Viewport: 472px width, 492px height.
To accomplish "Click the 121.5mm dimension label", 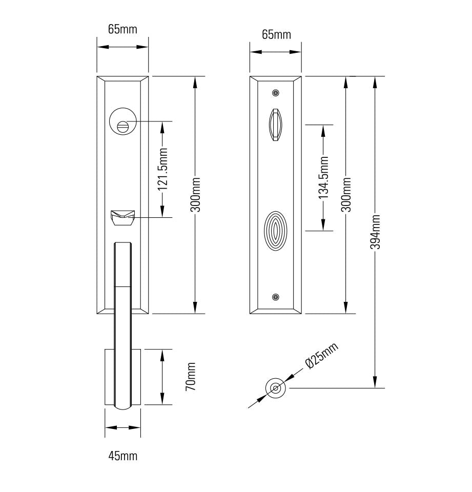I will tap(162, 169).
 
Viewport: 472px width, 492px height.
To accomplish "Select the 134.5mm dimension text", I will tap(323, 177).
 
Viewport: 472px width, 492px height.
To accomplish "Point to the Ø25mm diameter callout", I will tap(321, 356).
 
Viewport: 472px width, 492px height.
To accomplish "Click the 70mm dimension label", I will tap(191, 377).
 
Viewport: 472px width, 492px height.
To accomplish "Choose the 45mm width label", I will tap(122, 455).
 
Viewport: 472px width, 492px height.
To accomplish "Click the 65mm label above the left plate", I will tap(122, 29).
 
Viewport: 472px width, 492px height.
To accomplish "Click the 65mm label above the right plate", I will tap(276, 35).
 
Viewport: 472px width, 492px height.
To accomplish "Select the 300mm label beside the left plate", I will tap(195, 195).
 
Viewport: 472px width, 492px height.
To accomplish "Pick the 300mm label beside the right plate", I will tap(346, 195).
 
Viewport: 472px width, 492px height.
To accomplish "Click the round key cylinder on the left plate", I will tap(122, 122).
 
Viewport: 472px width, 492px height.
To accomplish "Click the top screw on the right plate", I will tap(276, 93).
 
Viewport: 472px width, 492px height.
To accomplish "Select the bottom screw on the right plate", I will tap(276, 297).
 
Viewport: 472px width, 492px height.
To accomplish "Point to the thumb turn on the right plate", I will tap(276, 125).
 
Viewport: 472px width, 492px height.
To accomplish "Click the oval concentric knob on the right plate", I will tap(276, 231).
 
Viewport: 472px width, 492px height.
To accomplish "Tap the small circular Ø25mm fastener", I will tap(276, 388).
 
